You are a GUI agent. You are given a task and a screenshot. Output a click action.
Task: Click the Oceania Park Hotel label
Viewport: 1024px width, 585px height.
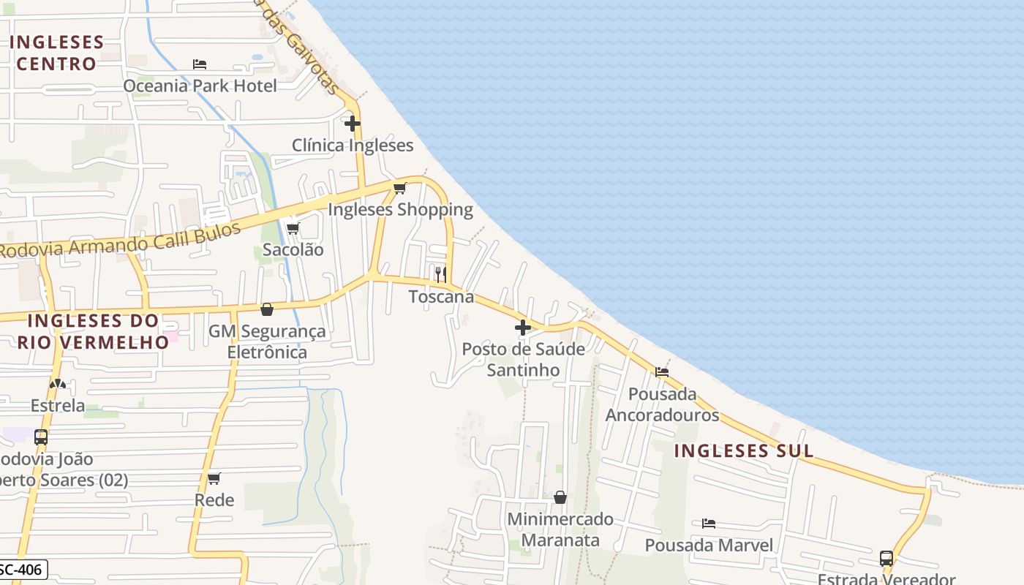click(x=200, y=86)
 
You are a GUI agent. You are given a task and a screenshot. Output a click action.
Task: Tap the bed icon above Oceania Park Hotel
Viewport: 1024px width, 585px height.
click(x=200, y=64)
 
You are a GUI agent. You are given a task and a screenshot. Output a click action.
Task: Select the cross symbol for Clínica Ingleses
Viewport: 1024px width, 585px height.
click(x=353, y=123)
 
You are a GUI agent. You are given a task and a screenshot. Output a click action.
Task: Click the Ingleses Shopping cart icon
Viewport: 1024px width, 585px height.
click(x=400, y=189)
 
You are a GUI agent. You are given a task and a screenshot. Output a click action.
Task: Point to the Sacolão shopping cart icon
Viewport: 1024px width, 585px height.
click(x=293, y=228)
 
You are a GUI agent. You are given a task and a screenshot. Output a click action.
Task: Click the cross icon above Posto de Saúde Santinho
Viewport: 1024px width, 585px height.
click(x=523, y=328)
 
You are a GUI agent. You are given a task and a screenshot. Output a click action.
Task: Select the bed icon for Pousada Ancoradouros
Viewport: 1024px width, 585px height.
click(x=662, y=372)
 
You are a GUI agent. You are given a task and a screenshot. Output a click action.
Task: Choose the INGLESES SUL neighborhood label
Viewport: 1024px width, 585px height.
click(x=744, y=450)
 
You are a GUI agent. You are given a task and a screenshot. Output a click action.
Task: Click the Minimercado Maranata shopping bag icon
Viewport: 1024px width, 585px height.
click(x=560, y=497)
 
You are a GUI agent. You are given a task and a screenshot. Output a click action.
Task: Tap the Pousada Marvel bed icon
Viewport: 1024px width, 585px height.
click(x=708, y=524)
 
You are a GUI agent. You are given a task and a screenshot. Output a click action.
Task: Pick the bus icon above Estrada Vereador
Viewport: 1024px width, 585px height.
click(x=886, y=559)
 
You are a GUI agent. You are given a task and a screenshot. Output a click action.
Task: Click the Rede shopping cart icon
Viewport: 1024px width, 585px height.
click(x=214, y=479)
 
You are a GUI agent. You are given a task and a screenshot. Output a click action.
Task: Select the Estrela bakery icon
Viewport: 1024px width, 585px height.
click(x=58, y=383)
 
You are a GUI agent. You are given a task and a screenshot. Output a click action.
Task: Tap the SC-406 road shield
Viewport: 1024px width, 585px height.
click(x=23, y=569)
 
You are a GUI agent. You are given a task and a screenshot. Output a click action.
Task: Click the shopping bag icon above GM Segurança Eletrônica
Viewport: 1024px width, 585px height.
click(x=267, y=309)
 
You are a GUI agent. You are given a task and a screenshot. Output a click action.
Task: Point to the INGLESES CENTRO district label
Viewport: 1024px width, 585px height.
click(x=56, y=53)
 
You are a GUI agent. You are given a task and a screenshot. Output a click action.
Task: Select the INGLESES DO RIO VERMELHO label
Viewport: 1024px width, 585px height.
click(x=93, y=331)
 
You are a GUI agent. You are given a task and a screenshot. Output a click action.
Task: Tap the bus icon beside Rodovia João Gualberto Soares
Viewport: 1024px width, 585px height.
click(x=41, y=437)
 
